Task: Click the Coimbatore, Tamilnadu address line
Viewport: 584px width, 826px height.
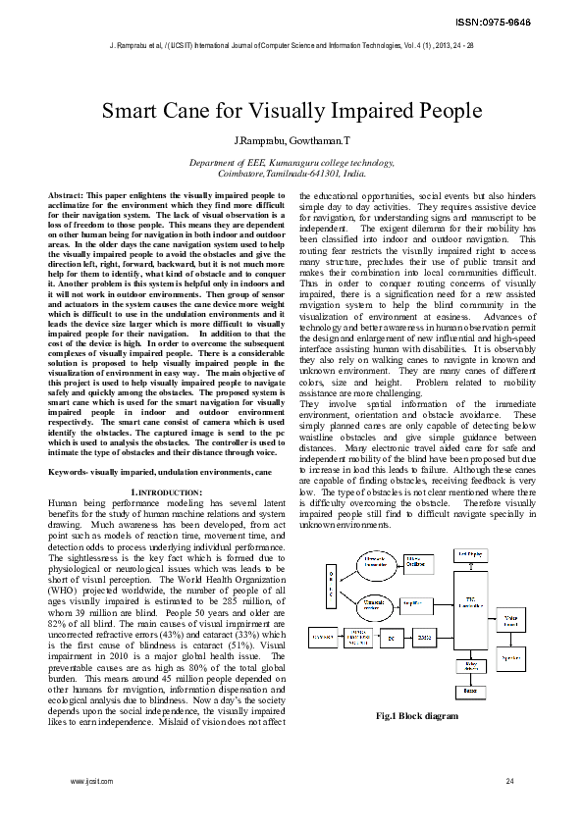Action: pyautogui.click(x=292, y=173)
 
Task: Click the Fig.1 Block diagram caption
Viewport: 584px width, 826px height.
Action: pyautogui.click(x=417, y=716)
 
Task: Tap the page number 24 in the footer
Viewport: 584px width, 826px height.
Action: pyautogui.click(x=509, y=781)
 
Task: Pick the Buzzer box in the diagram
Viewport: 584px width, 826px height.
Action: pyautogui.click(x=471, y=691)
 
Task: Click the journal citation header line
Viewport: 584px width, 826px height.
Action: pyautogui.click(x=292, y=45)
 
